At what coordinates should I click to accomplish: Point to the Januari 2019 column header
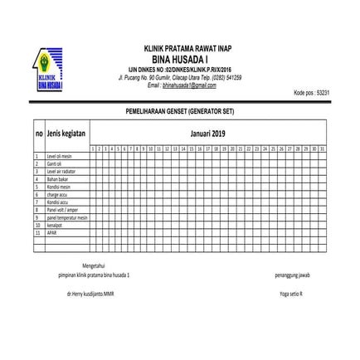(207, 133)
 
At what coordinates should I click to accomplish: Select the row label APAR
(51, 231)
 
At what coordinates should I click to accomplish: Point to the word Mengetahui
(94, 266)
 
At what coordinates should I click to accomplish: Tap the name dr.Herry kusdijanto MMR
(94, 294)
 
